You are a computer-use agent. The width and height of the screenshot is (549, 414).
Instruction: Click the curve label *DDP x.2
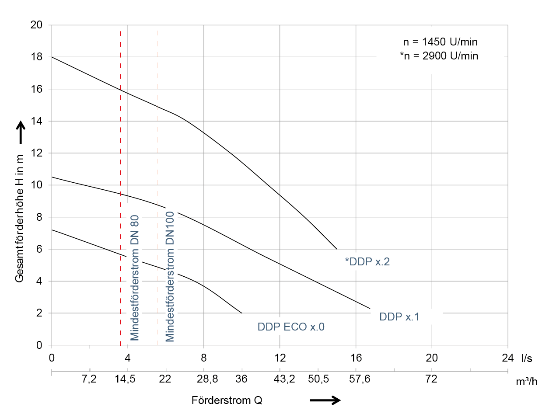click(x=367, y=262)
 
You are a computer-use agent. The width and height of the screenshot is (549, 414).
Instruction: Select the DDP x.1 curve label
click(x=399, y=317)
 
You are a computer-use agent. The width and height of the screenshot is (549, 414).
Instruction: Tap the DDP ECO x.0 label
click(x=291, y=327)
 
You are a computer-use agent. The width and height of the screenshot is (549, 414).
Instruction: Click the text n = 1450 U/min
click(x=440, y=42)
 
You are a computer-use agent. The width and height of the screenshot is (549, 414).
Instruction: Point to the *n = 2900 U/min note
click(x=439, y=56)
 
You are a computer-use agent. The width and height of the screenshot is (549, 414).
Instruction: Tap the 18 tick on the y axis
click(x=38, y=57)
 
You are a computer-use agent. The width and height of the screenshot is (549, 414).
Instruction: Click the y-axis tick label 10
click(x=38, y=185)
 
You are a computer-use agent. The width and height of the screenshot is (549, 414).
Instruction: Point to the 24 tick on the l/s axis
click(x=507, y=357)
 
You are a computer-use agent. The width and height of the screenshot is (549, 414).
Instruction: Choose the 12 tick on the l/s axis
click(x=280, y=357)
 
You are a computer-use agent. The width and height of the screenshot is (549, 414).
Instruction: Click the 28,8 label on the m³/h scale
click(x=207, y=379)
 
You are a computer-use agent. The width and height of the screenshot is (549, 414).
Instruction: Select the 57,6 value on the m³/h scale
click(x=360, y=379)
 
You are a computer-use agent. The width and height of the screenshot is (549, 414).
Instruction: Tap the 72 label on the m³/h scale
click(x=431, y=379)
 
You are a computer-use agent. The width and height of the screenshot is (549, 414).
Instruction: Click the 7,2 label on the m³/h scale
click(x=89, y=379)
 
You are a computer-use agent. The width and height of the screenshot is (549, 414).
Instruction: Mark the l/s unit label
click(x=527, y=358)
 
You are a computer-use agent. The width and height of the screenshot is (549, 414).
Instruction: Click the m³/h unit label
click(x=526, y=381)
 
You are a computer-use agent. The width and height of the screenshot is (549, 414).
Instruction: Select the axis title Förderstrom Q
click(x=227, y=400)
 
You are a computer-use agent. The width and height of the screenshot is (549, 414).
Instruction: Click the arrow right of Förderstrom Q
click(x=325, y=400)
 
